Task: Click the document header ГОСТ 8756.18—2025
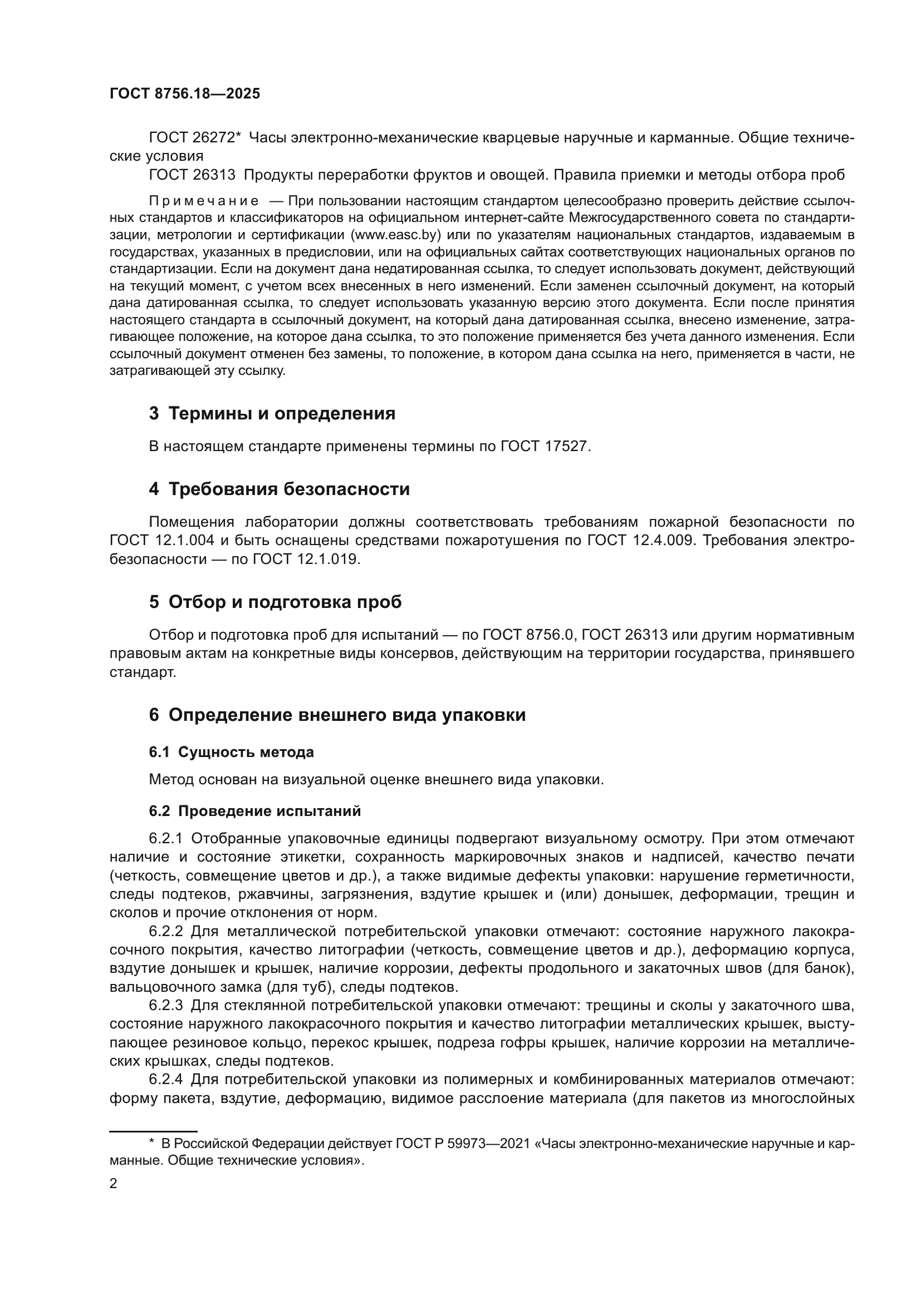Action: (x=185, y=94)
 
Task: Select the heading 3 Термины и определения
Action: (x=272, y=414)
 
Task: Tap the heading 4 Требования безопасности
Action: (x=279, y=489)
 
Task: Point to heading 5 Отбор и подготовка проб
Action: (x=275, y=602)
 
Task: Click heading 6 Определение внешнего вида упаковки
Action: (x=337, y=715)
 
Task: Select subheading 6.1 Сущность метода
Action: (x=232, y=753)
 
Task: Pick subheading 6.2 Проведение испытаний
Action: (x=254, y=812)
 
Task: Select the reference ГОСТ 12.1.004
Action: (x=161, y=541)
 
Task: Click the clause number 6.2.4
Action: (x=165, y=1080)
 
